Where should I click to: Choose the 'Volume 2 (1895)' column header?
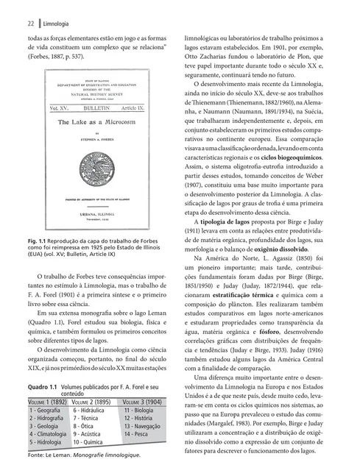coord(92,401)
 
